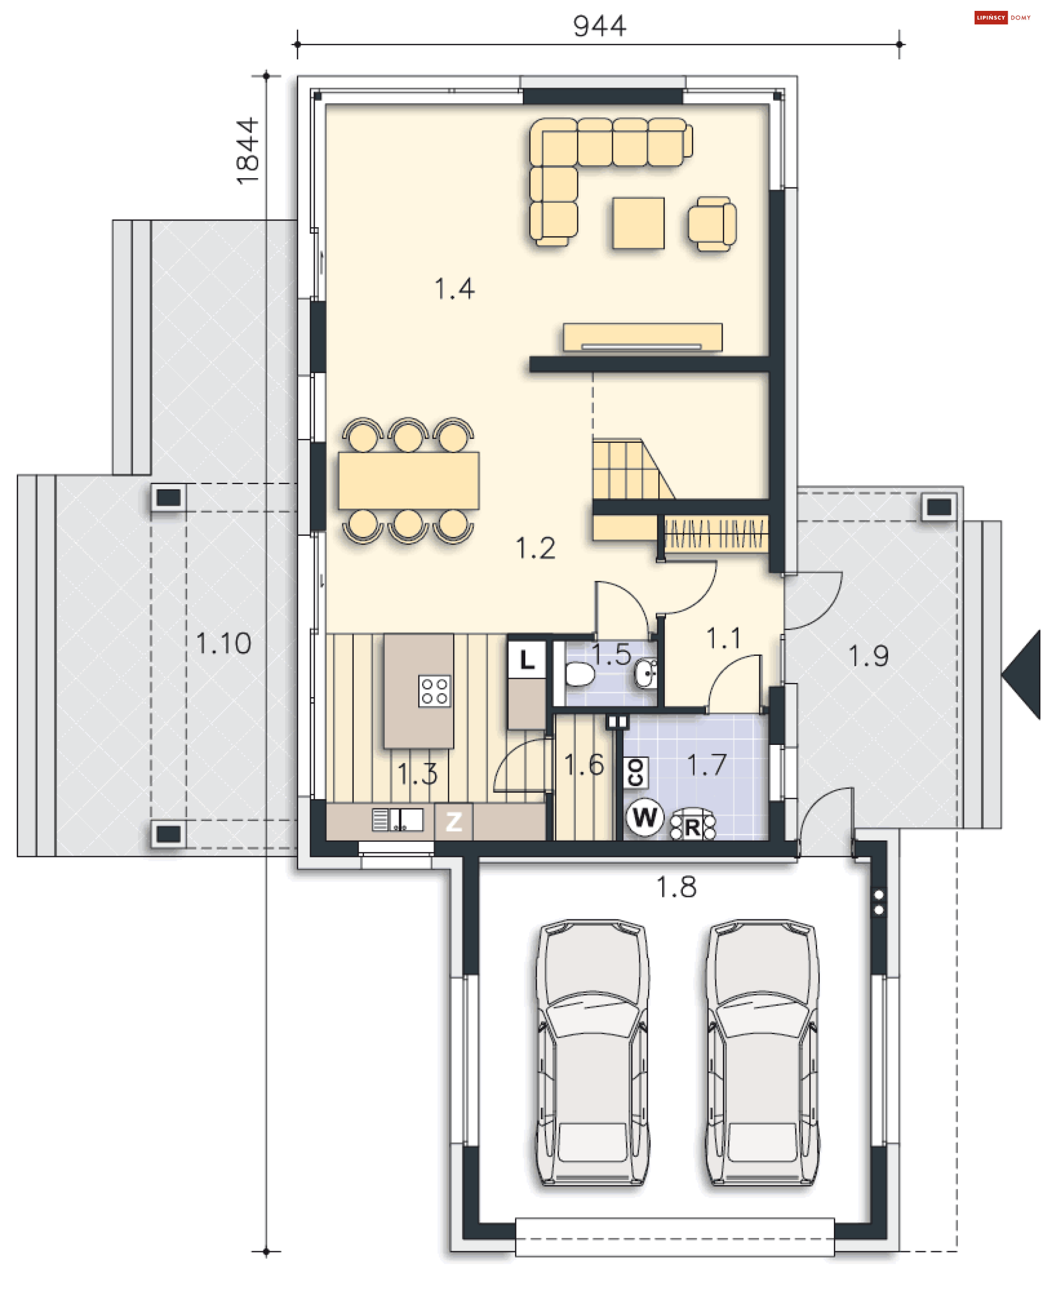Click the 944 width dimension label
(599, 27)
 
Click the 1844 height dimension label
(247, 151)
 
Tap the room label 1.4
(454, 289)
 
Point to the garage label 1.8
(676, 887)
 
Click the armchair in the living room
(712, 223)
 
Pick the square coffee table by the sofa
(638, 223)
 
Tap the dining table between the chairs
(409, 481)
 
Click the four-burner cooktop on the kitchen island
(434, 691)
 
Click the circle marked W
(645, 817)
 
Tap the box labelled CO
(636, 772)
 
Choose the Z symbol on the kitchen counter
(454, 821)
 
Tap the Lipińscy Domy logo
(1002, 17)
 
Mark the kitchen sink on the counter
(398, 820)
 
